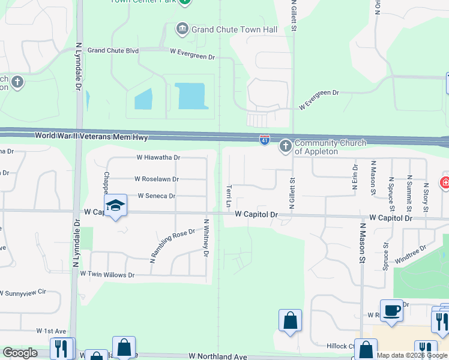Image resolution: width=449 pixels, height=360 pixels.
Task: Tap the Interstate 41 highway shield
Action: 264,140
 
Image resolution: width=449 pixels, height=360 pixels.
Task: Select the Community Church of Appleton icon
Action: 285,146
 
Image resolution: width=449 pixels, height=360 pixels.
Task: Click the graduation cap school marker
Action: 115,206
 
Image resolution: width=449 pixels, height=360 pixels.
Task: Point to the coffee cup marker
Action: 391,311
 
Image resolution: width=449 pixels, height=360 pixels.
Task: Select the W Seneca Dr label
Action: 156,196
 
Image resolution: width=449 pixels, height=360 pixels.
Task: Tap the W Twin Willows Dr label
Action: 107,274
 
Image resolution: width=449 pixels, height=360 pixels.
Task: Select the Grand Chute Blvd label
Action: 113,51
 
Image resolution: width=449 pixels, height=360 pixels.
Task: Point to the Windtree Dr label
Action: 411,253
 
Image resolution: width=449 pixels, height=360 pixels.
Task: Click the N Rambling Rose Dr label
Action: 172,245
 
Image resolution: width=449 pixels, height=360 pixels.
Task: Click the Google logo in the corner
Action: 20,353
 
